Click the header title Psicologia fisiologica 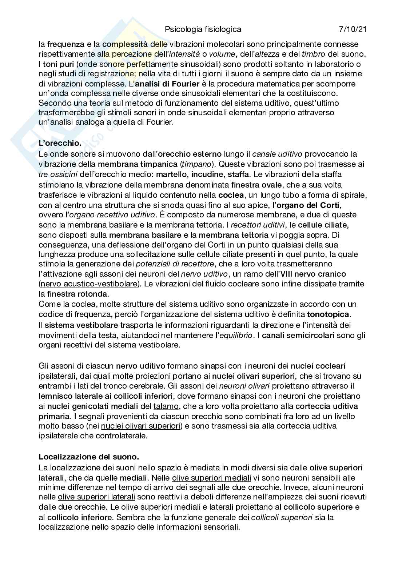[x=203, y=29]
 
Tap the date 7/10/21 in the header [x=352, y=29]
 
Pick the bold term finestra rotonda [x=77, y=293]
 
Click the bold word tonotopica [x=328, y=314]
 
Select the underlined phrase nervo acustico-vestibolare [x=89, y=284]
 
